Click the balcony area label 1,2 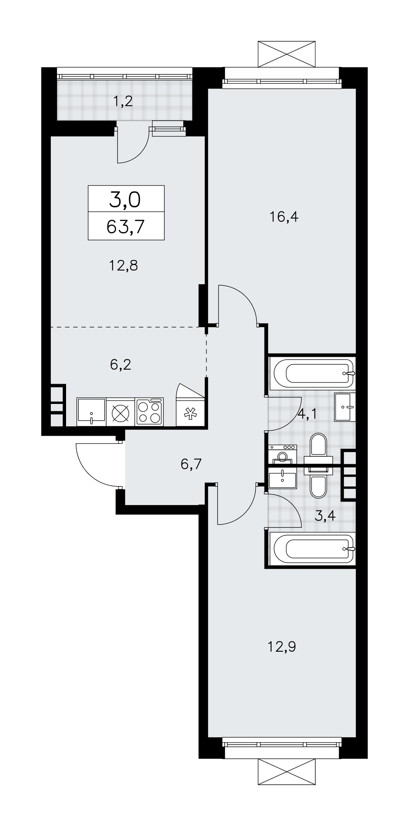coord(123,101)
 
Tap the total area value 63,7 coord(126,227)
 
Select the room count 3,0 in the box coord(125,200)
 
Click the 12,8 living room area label coord(123,265)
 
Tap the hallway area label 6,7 coord(191,465)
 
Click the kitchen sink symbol coord(91,412)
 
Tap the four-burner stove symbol coord(149,412)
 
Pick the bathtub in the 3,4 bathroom coord(312,548)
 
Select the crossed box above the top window coord(288,54)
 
